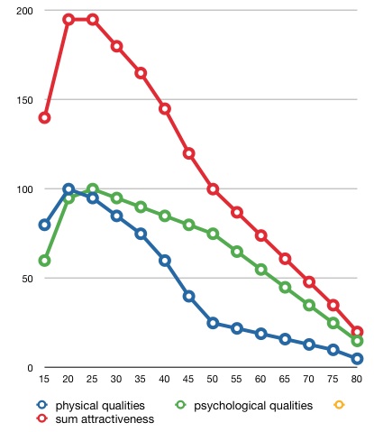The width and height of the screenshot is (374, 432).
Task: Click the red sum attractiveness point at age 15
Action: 44,117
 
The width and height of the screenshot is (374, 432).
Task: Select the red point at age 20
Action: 68,20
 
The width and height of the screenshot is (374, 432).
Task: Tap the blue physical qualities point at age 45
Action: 188,296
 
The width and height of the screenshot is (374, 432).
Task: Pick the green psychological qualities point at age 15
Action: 44,261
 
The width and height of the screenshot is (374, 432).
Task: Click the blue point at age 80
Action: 357,359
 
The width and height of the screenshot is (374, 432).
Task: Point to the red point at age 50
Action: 213,189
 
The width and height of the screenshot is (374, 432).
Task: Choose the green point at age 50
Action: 213,234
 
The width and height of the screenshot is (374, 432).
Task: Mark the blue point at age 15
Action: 44,225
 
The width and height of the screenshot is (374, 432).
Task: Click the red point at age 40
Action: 165,108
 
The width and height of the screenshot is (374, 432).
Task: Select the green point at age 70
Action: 309,305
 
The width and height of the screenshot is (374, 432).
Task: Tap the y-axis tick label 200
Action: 24,11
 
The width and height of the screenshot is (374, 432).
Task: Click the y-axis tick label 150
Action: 24,100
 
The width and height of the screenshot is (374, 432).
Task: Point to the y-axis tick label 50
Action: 27,279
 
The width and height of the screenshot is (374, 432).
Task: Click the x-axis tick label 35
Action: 140,379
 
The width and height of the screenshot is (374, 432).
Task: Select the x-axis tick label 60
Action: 260,379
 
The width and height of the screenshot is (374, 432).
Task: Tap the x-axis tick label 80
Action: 356,379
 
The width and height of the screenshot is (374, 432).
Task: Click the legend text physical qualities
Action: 100,406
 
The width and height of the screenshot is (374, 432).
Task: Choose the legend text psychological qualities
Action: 253,406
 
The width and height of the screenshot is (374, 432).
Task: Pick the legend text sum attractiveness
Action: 105,419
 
